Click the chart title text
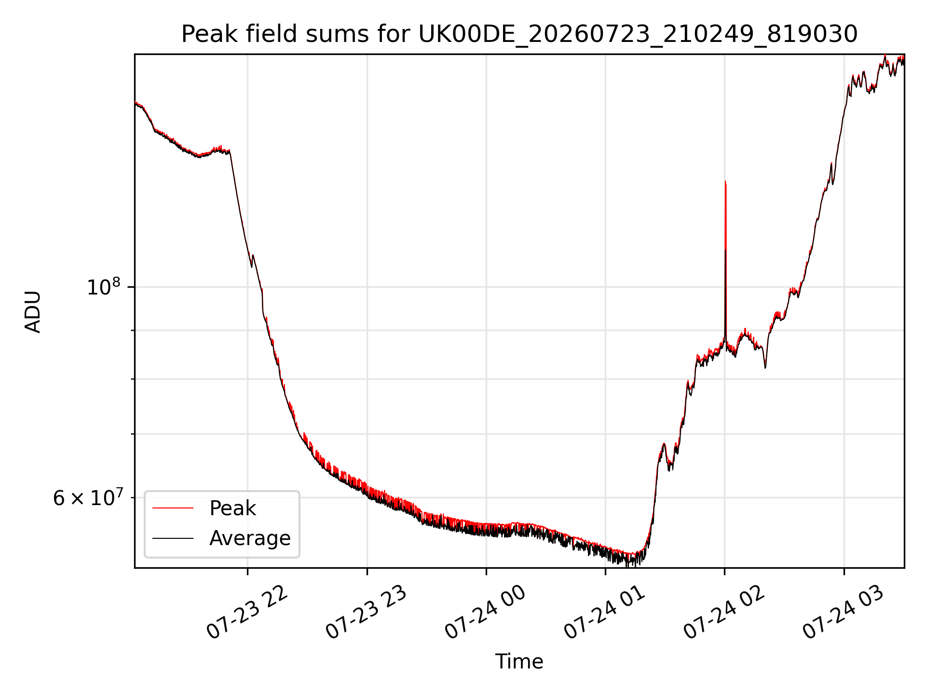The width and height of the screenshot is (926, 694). [x=519, y=34]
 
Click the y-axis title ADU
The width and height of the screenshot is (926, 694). [x=33, y=311]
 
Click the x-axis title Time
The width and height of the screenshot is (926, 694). [x=519, y=662]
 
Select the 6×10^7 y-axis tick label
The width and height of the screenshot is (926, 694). [x=88, y=497]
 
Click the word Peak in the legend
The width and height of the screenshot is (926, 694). [x=232, y=508]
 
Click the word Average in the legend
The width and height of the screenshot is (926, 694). [x=250, y=538]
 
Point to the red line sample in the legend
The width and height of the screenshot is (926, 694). [x=173, y=508]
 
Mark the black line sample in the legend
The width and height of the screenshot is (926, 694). [x=173, y=538]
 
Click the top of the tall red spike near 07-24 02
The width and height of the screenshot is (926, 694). [x=725, y=182]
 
